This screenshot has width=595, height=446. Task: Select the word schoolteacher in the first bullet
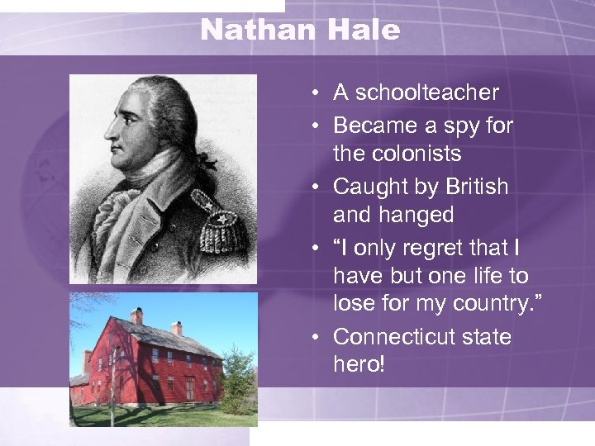(427, 93)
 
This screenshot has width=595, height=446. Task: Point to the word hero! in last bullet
(359, 364)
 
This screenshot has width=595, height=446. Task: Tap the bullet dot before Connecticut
(317, 338)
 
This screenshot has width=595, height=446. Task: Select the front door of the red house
(190, 387)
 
